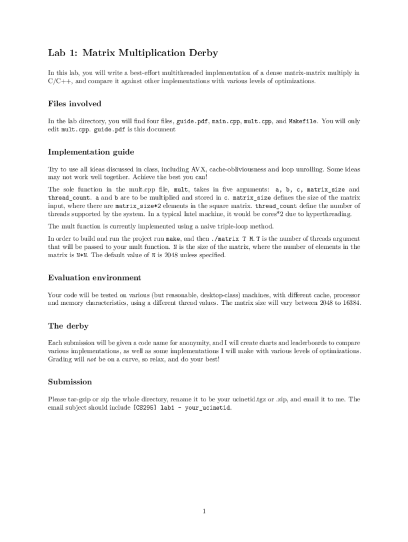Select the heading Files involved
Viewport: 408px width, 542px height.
click(x=74, y=103)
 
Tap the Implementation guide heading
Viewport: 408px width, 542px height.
click(x=91, y=152)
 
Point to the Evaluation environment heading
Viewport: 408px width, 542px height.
click(x=94, y=277)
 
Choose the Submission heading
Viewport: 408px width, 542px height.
click(x=70, y=382)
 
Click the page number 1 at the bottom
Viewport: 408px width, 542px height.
click(x=204, y=511)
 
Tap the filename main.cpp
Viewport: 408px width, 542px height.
click(x=226, y=121)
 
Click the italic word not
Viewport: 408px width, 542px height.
click(x=91, y=359)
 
